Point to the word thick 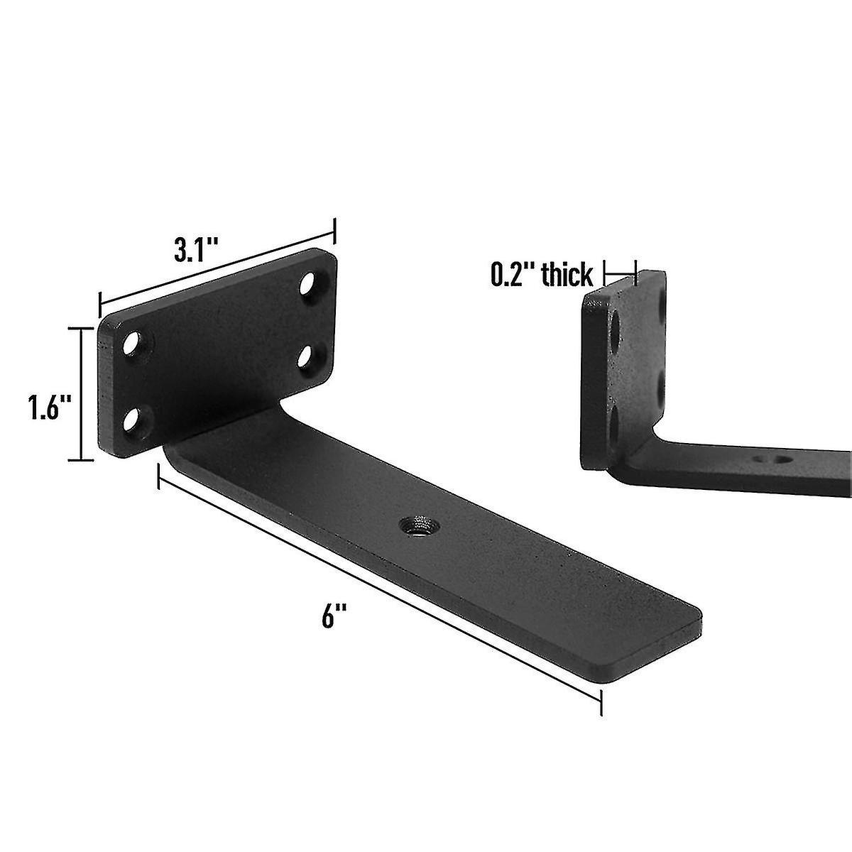pyautogui.click(x=567, y=275)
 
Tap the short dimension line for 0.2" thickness pyautogui.click(x=620, y=271)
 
